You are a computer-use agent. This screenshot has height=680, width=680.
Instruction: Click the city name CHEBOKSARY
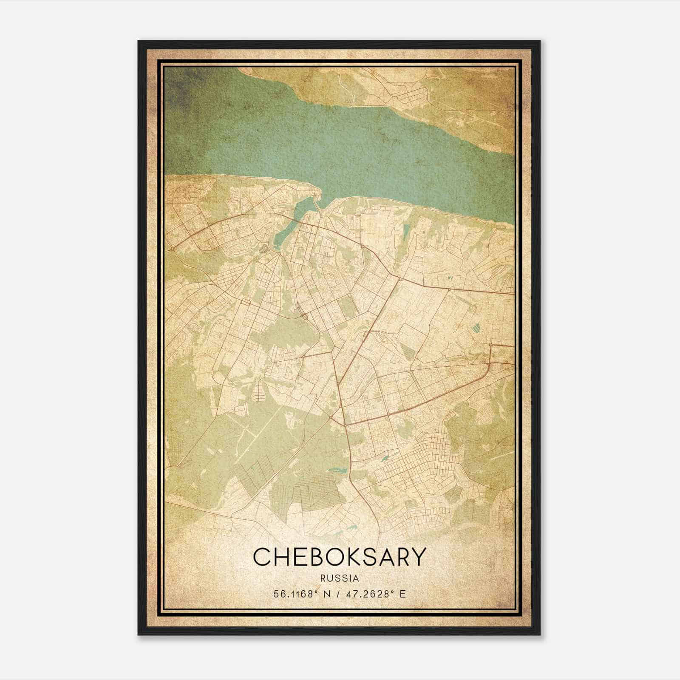point(339,557)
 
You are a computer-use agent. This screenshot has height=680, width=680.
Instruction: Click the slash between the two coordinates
point(337,594)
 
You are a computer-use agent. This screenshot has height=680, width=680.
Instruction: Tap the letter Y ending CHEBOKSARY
point(418,557)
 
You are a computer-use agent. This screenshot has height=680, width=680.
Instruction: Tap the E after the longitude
point(403,594)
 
